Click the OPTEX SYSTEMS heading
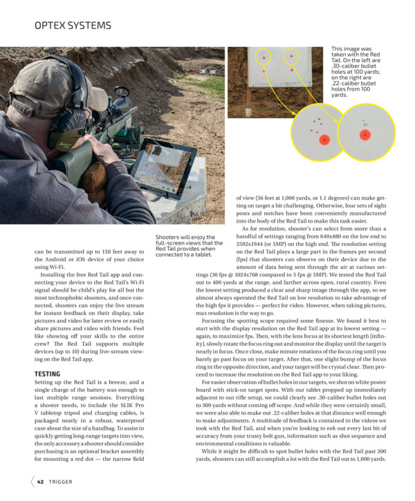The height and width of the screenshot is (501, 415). [x=73, y=26]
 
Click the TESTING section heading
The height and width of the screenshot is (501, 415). [x=48, y=374]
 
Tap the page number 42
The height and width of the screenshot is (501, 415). [x=41, y=481]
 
